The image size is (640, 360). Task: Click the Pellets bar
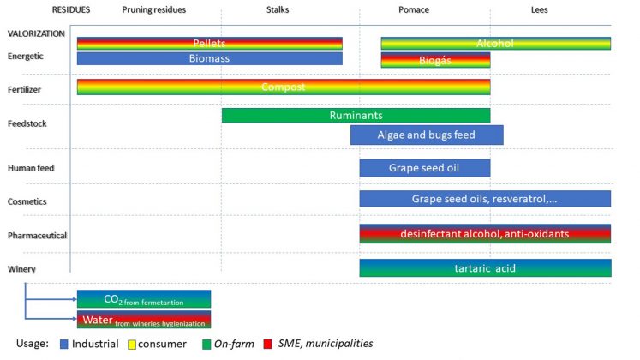click(209, 43)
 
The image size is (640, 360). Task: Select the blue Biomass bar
click(209, 59)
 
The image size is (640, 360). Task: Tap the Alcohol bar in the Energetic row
click(495, 43)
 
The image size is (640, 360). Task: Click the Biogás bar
click(435, 60)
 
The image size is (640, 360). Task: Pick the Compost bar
click(283, 87)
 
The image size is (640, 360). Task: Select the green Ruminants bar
click(356, 115)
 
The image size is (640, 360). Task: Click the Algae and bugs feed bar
click(426, 135)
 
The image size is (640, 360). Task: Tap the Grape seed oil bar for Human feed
click(424, 168)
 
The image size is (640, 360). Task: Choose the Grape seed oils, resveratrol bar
click(485, 198)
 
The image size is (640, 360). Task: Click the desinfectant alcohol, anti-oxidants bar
click(485, 233)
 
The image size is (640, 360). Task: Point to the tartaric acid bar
click(485, 268)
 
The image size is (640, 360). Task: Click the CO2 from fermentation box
click(143, 299)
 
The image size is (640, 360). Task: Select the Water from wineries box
click(143, 320)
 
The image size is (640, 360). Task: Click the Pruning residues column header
click(153, 10)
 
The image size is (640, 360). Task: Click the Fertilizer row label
click(24, 89)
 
